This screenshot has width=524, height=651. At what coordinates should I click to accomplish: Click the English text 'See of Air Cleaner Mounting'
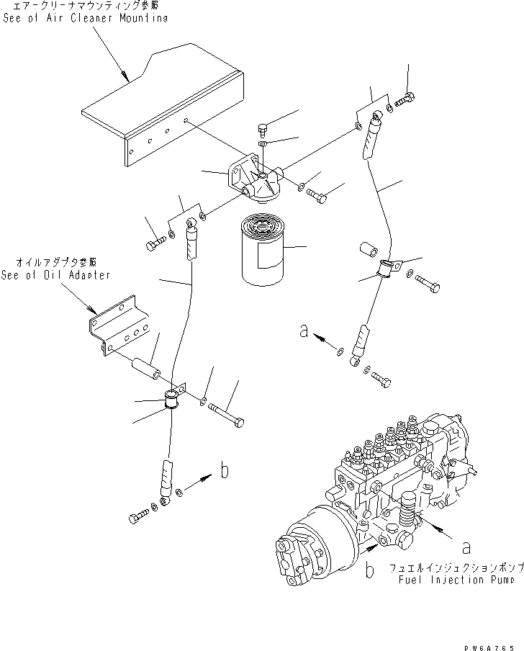85,18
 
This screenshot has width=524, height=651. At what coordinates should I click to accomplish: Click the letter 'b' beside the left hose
225,472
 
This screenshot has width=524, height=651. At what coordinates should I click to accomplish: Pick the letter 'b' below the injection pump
369,570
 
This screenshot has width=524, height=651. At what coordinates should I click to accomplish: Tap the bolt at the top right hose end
405,100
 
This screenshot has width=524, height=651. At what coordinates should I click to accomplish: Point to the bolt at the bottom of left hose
139,516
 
